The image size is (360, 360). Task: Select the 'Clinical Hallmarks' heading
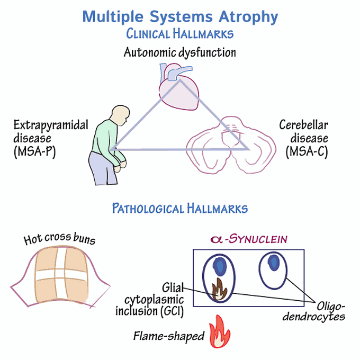click(x=179, y=34)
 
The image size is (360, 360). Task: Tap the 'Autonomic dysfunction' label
click(x=179, y=53)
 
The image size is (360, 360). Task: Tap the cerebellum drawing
click(x=222, y=143)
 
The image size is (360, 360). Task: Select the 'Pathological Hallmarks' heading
click(x=179, y=208)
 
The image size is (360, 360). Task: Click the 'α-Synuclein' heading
click(x=248, y=239)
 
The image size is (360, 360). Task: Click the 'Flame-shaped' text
click(x=168, y=336)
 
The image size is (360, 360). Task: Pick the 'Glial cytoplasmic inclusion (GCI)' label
click(x=151, y=300)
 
